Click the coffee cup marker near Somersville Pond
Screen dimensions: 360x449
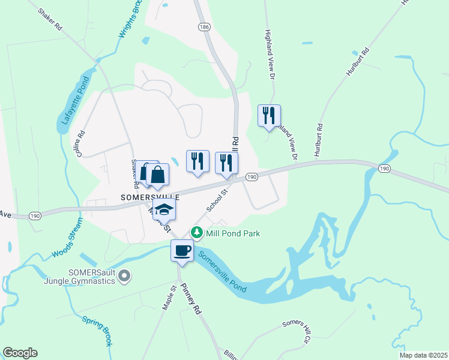click(182, 250)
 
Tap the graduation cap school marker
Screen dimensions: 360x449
click(163, 209)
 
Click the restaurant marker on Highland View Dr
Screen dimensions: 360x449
click(269, 115)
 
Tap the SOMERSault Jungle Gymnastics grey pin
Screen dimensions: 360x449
click(124, 276)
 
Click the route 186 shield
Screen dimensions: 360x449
click(205, 27)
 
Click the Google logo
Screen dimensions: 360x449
click(20, 353)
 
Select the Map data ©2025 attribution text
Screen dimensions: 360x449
click(423, 355)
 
